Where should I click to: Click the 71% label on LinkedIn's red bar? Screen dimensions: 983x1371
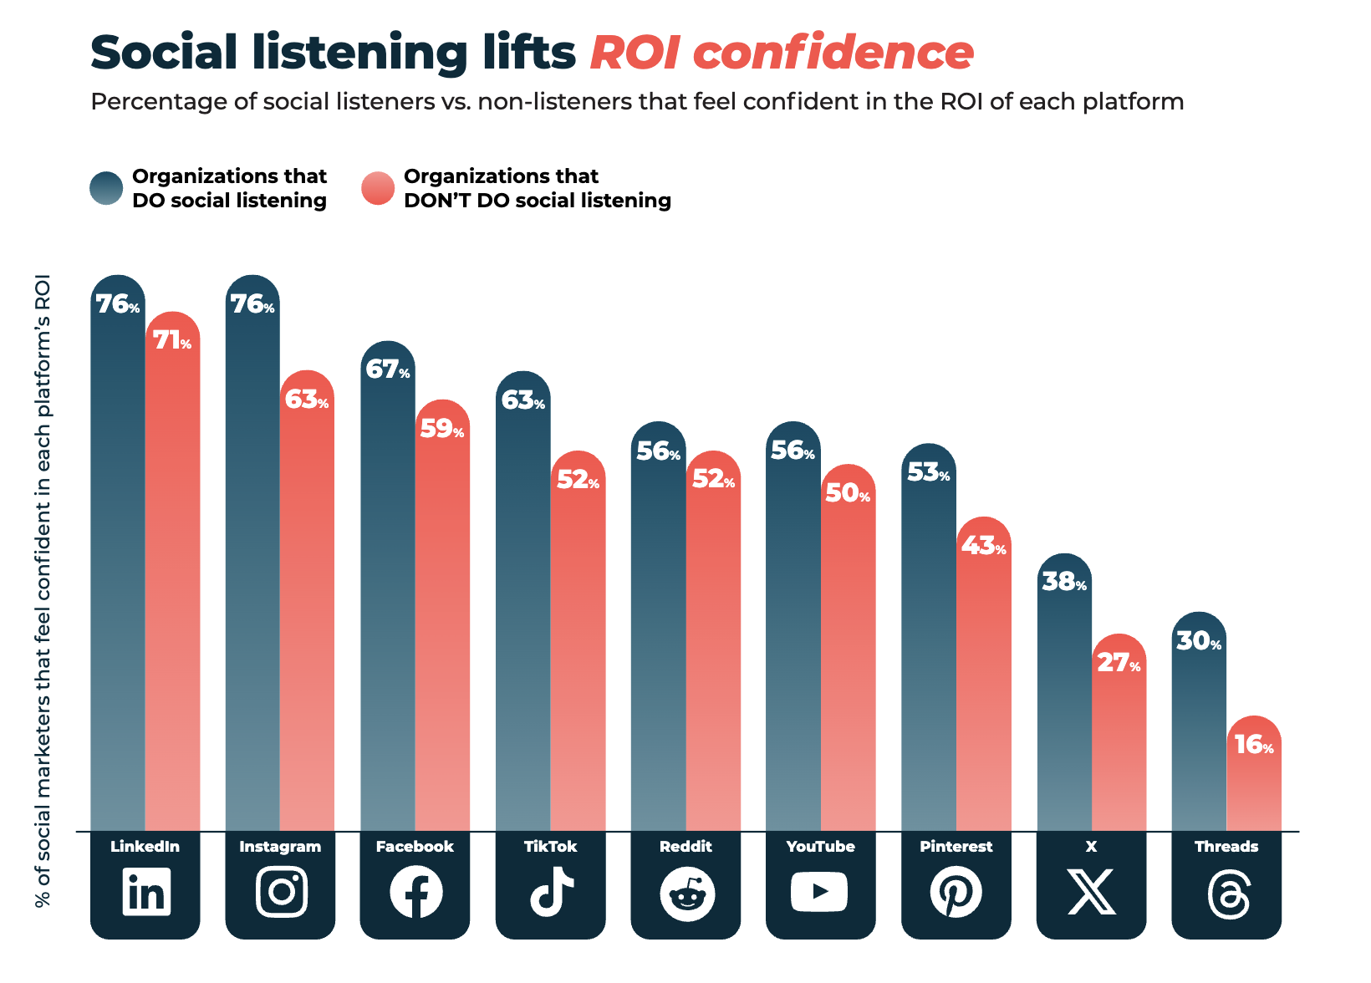tap(172, 340)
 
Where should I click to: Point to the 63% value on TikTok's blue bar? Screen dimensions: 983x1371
tap(522, 400)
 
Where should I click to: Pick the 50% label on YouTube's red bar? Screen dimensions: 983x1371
tap(848, 493)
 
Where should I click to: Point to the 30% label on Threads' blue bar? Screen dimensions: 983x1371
tap(1199, 641)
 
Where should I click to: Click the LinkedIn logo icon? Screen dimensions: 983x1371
tap(145, 892)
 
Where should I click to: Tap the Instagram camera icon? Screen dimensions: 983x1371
tap(281, 892)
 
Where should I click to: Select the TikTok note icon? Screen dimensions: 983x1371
tap(551, 892)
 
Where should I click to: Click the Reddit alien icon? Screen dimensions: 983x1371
tap(686, 894)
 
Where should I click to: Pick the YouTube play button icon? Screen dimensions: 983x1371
tap(819, 892)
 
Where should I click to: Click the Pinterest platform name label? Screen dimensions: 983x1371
tap(956, 846)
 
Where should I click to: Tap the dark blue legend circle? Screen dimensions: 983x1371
tap(106, 188)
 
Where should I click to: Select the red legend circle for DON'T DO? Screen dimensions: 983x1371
tap(378, 188)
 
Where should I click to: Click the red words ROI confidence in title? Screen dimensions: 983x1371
tap(782, 53)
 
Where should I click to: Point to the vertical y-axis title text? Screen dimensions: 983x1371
tap(43, 589)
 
